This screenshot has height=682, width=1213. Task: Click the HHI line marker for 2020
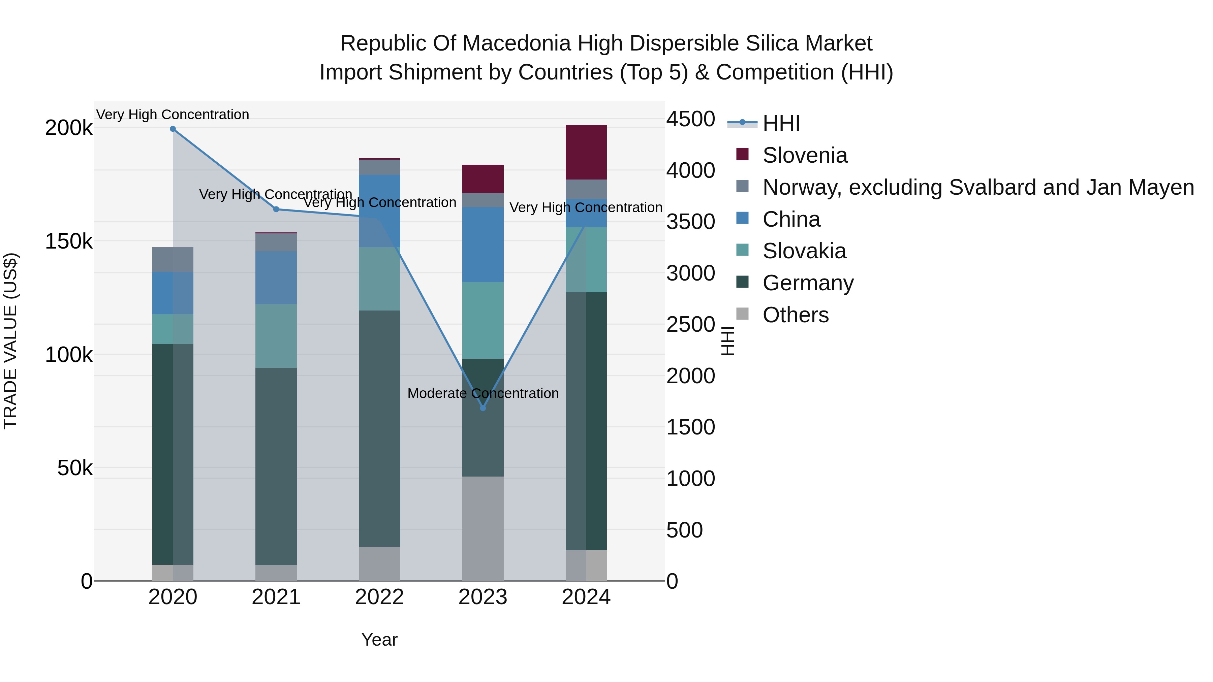[173, 129]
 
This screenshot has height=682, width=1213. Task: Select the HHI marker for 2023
[483, 408]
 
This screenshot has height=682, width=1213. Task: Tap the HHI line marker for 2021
[276, 209]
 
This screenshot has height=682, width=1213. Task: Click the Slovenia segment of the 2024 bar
[586, 152]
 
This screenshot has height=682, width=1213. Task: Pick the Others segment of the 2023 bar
[483, 528]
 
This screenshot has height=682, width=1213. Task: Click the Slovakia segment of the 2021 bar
[276, 335]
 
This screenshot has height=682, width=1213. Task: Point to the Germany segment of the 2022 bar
[379, 428]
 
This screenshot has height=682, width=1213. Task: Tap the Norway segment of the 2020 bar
[173, 259]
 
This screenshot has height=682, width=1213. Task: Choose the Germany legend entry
[808, 283]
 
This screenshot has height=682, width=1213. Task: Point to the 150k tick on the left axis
[69, 241]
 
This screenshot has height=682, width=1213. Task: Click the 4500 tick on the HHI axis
[690, 119]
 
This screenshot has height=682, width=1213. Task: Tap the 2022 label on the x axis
[379, 597]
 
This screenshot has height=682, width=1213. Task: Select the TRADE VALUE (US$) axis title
[10, 341]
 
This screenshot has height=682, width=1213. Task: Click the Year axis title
[379, 640]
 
